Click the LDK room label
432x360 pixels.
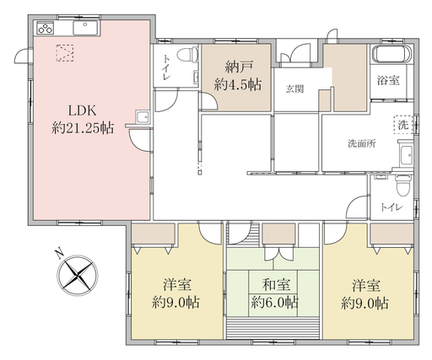click(83, 110)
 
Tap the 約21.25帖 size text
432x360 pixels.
click(83, 128)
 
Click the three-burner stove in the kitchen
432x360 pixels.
click(45, 28)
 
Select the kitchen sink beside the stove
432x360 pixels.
click(86, 28)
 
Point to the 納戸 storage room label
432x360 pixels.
click(239, 67)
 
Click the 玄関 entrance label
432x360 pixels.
click(294, 89)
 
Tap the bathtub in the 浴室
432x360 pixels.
click(391, 54)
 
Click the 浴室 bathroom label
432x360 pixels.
click(388, 81)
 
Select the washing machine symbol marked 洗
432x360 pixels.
click(403, 125)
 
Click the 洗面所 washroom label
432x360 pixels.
click(362, 143)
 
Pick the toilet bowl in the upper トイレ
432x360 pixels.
click(188, 55)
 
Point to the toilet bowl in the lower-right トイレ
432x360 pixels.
click(403, 185)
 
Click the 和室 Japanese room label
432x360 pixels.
click(276, 285)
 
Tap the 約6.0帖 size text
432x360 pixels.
click(274, 303)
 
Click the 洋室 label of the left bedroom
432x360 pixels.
click(177, 285)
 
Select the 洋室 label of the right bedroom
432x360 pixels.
click(366, 285)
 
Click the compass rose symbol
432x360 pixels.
click(78, 276)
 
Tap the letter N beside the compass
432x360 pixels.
click(59, 254)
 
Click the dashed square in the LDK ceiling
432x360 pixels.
click(65, 53)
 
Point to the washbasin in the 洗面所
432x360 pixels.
click(406, 155)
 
